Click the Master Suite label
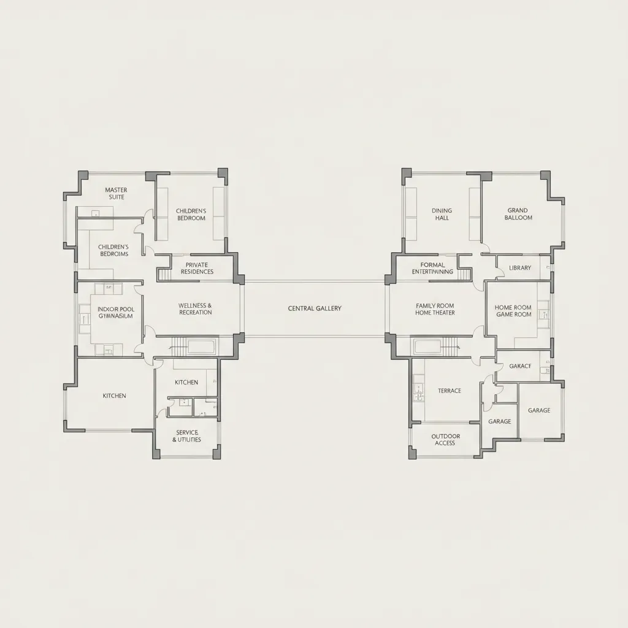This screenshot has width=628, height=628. click(x=116, y=193)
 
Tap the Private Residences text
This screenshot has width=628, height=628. click(x=197, y=268)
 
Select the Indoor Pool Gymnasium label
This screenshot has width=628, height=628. click(x=116, y=313)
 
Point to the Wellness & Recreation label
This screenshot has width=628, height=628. click(x=196, y=308)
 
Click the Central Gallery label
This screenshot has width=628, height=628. click(x=315, y=308)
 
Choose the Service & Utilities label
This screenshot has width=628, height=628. click(x=186, y=436)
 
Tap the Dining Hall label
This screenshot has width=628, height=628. click(x=441, y=214)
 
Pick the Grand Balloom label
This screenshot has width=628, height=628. click(x=518, y=214)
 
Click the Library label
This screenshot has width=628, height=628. click(x=520, y=268)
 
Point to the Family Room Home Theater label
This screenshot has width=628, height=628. click(x=435, y=308)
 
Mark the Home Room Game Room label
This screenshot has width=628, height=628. click(x=513, y=311)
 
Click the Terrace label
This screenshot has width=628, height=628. click(x=450, y=391)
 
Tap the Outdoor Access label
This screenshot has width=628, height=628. click(x=445, y=440)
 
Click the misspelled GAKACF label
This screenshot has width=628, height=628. click(x=520, y=366)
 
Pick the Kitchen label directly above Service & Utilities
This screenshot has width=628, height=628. click(x=186, y=382)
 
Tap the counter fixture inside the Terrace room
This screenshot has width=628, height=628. click(x=418, y=392)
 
